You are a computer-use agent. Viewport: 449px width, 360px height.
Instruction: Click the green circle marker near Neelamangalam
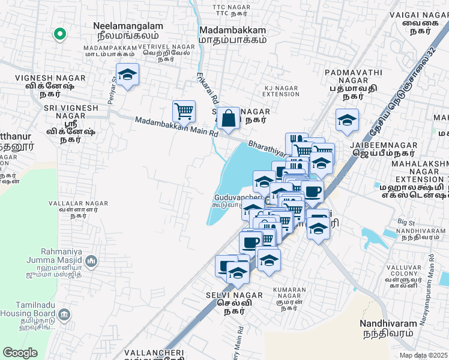59,34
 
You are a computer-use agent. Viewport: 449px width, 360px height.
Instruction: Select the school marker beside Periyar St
127,74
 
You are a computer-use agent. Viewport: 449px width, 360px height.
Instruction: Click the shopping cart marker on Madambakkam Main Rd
184,110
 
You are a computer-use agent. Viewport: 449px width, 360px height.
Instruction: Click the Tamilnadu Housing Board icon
65,314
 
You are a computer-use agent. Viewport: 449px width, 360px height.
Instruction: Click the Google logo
20,352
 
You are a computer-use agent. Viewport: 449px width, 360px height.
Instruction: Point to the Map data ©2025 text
423,355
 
